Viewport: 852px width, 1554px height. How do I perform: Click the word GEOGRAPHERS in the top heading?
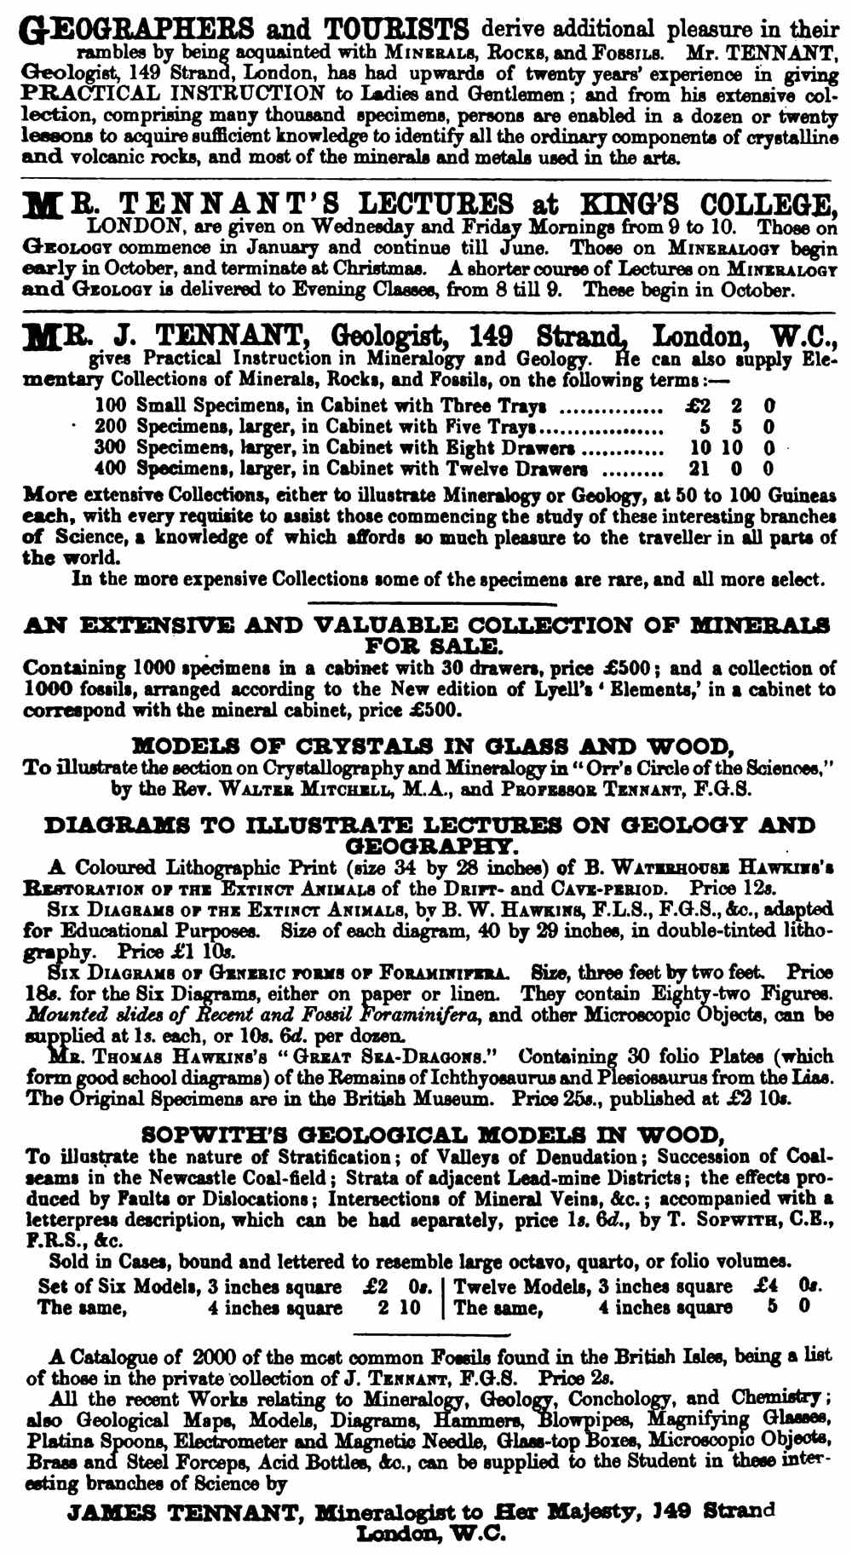pos(136,32)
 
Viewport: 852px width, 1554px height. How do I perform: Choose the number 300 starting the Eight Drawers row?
pos(110,447)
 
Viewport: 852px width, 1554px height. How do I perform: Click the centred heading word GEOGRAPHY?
pos(430,846)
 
